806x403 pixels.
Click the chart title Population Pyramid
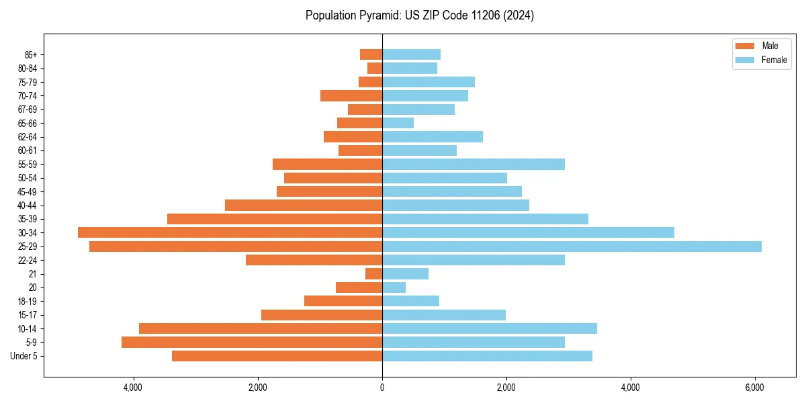[420, 15]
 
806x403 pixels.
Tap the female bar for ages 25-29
[572, 247]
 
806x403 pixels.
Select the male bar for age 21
[374, 274]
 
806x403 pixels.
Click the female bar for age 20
[394, 287]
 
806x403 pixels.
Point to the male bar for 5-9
[252, 343]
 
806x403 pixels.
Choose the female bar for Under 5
[487, 356]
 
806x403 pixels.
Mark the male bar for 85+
[371, 54]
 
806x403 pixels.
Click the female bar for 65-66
[398, 123]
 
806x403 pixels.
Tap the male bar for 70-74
[351, 95]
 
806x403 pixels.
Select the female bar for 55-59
[474, 164]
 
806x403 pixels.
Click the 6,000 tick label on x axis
[754, 388]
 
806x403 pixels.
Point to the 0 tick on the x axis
[382, 388]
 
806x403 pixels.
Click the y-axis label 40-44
[28, 206]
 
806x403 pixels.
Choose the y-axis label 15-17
[28, 315]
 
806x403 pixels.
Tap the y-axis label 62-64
[28, 137]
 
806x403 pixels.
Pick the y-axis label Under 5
[24, 356]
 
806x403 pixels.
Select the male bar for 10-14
[261, 328]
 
